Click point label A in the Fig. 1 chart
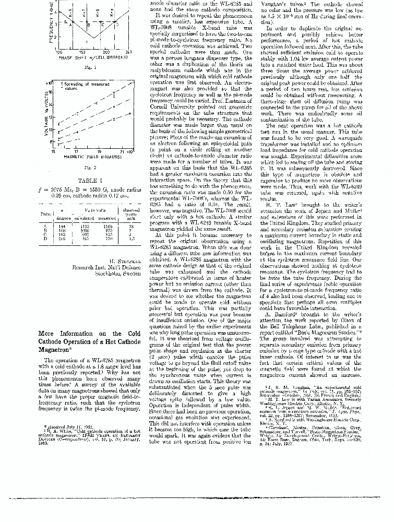[x=71, y=25]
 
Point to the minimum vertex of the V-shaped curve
[x=94, y=38]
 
